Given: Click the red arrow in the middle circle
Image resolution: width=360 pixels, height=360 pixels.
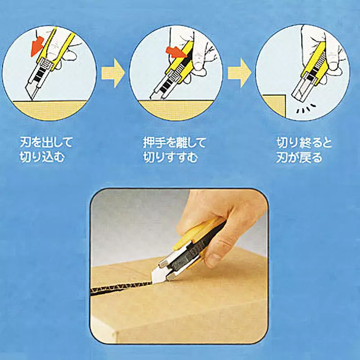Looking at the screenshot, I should (175, 50).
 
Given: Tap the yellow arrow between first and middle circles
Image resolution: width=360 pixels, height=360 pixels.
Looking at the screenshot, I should (112, 74).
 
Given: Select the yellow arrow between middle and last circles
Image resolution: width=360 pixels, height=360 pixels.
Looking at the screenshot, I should (239, 74).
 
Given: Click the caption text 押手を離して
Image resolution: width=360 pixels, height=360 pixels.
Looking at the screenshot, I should (174, 144).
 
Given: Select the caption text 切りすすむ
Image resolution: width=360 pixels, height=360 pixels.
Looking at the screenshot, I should (171, 157).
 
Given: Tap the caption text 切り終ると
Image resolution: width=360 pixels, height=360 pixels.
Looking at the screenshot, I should (304, 144).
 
